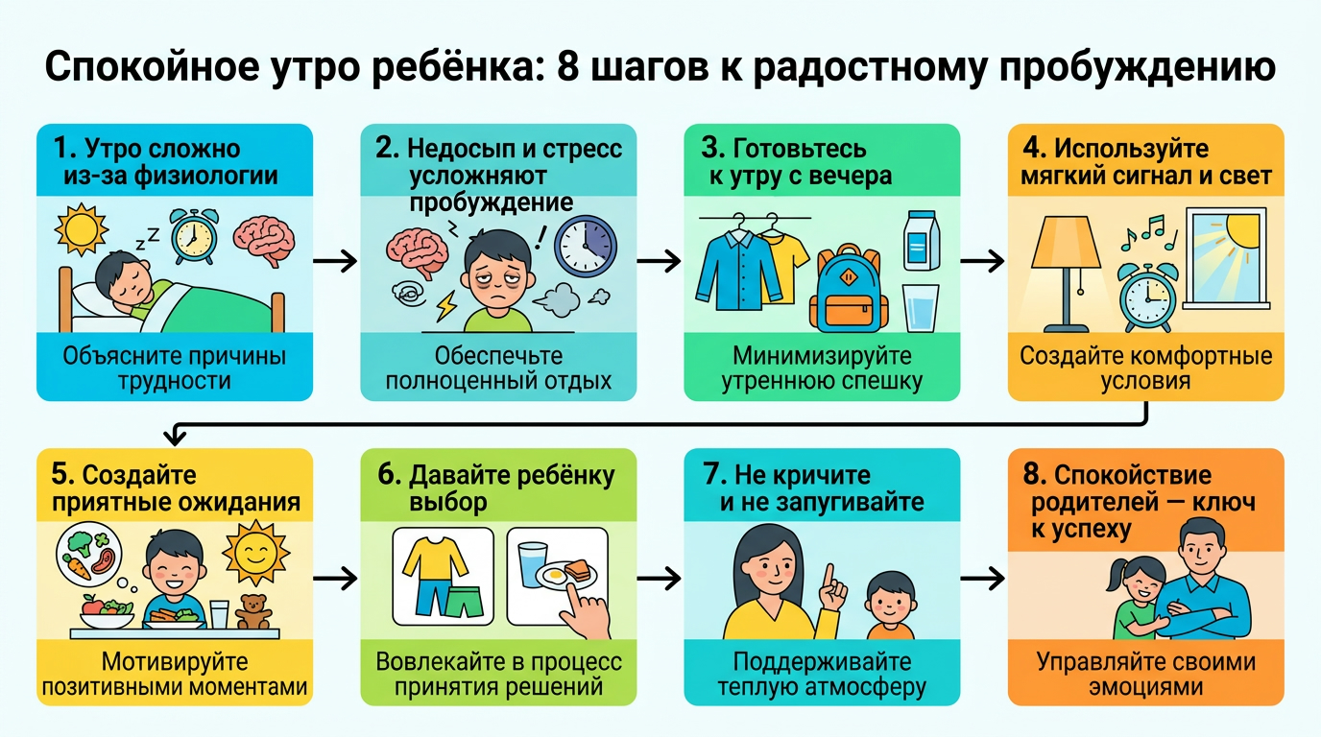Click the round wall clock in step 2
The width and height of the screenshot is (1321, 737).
tap(586, 245)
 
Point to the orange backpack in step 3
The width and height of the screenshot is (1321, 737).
tap(846, 287)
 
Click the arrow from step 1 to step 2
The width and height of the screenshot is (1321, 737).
tap(335, 261)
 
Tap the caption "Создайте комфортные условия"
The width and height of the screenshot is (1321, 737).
tap(1145, 368)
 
